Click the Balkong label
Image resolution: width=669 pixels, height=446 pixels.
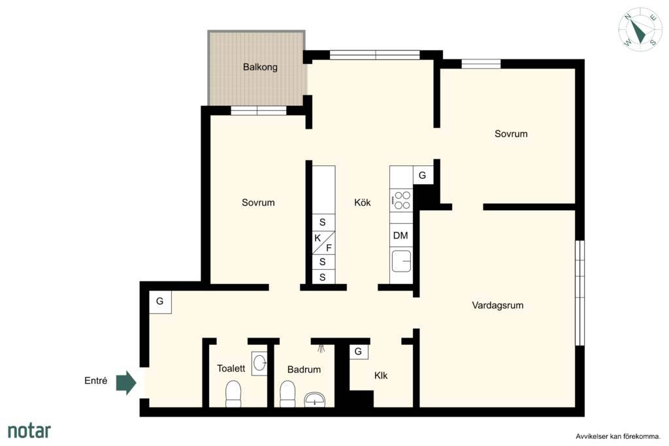[x=260, y=67]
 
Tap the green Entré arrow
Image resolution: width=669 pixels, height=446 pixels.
[x=126, y=383]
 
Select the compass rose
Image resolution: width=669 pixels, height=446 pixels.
[x=640, y=29]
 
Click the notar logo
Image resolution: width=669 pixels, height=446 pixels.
[x=29, y=430]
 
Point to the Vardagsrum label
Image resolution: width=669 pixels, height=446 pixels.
[x=497, y=306]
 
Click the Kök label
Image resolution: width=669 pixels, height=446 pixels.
[x=362, y=202]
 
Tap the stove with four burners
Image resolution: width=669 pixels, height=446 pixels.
[x=402, y=200]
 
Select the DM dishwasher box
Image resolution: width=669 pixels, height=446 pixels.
[x=401, y=235]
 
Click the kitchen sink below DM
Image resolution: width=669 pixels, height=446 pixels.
[x=401, y=261]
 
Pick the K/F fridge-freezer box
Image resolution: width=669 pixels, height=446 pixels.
[x=323, y=243]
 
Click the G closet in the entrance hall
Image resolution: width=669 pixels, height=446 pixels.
[x=160, y=302]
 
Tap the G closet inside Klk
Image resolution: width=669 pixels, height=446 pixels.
[x=359, y=352]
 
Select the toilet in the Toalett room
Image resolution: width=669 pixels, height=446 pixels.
[x=233, y=394]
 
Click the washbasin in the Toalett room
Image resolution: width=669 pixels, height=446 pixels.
[x=259, y=363]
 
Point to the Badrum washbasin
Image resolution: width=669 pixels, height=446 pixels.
[x=314, y=400]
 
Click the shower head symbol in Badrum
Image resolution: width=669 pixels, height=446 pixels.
[x=321, y=348]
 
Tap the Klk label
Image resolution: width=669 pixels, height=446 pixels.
[x=381, y=375]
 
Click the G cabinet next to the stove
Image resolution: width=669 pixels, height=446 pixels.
[x=423, y=175]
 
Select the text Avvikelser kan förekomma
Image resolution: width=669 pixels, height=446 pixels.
[x=618, y=437]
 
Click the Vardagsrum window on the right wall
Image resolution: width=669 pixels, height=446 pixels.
[x=579, y=293]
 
